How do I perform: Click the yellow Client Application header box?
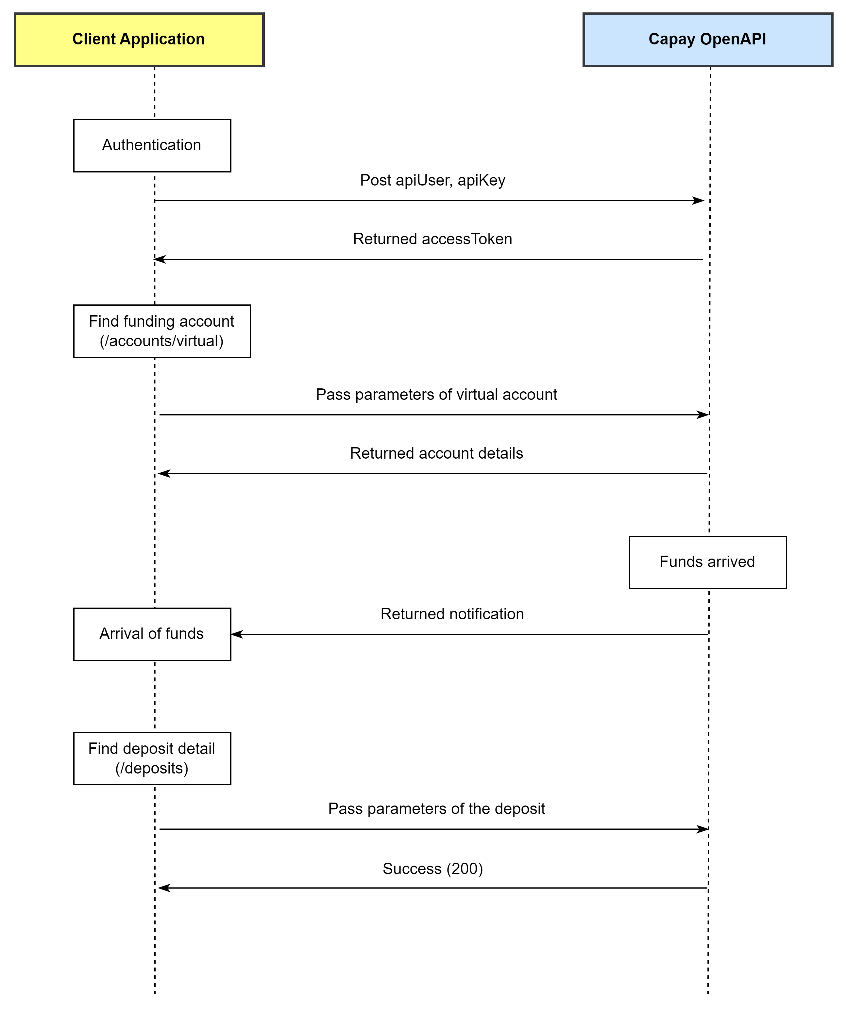139,40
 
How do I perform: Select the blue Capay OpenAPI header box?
707,40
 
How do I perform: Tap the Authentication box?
152,145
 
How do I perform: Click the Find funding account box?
162,331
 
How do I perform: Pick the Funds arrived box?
707,562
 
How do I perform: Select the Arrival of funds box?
152,634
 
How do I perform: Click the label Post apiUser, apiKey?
432,180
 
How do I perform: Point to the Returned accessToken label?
432,239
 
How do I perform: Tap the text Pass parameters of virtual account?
436,394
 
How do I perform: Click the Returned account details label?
436,453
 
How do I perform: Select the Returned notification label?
452,614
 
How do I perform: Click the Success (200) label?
432,869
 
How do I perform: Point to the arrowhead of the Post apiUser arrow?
699,201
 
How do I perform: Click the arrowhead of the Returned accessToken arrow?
160,259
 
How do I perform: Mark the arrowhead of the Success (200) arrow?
164,888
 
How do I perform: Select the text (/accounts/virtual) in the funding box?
162,341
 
